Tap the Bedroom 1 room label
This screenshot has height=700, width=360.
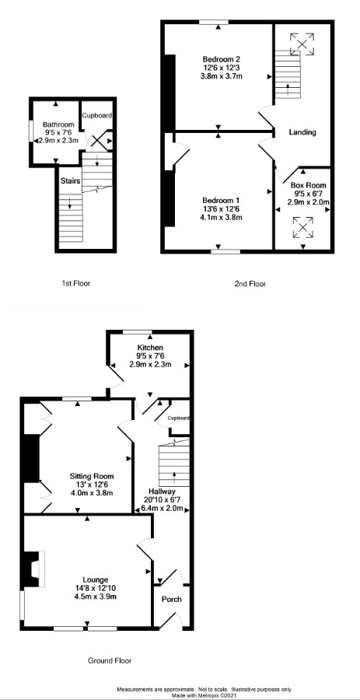(222, 200)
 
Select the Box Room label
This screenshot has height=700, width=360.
(308, 185)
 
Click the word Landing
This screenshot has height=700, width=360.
(302, 132)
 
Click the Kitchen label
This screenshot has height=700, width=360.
(150, 348)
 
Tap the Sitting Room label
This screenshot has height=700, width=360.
(92, 476)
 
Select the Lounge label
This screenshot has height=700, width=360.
(95, 579)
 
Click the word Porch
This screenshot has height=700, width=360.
(171, 599)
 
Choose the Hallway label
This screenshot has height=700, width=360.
(162, 492)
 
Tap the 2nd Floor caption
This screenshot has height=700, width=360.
(250, 283)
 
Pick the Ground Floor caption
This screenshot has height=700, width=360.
(110, 660)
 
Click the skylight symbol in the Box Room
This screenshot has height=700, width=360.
(303, 228)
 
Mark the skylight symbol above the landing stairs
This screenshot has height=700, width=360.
(302, 44)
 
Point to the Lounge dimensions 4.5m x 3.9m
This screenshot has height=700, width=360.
(95, 597)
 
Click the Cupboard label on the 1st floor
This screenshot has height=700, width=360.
(96, 115)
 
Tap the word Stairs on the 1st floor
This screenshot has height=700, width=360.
(71, 181)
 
